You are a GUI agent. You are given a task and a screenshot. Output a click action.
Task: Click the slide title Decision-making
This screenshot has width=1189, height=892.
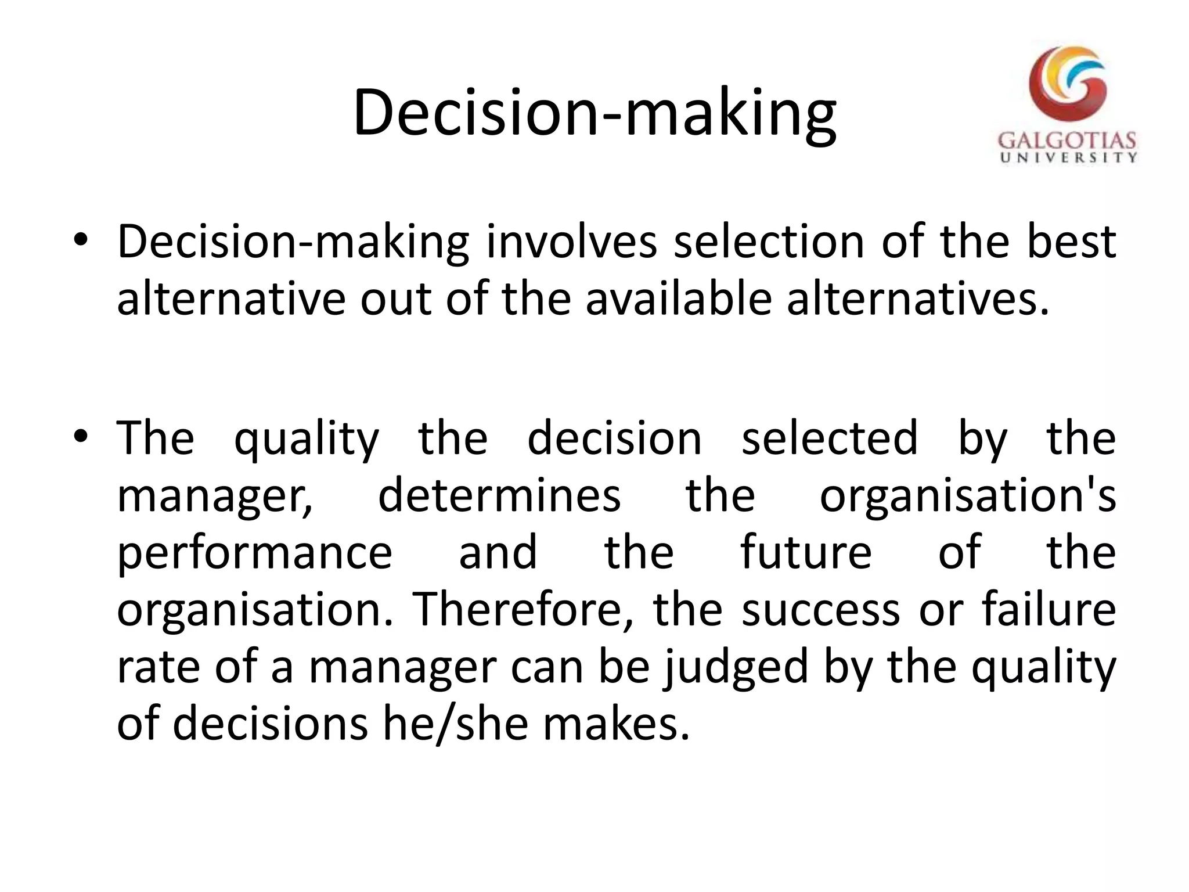[594, 113]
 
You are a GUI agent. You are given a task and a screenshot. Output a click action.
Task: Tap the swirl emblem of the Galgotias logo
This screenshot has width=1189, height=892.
[1067, 85]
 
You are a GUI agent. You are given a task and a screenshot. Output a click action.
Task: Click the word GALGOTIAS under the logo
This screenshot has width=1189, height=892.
[1067, 141]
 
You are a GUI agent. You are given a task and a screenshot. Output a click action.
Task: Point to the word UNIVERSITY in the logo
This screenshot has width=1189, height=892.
[1068, 157]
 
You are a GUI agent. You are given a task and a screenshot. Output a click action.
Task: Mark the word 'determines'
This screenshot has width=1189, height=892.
[499, 495]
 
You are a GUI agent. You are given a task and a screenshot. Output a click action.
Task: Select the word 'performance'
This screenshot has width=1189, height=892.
[255, 553]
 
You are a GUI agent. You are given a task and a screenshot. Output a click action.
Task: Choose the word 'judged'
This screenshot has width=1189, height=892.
[736, 668]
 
